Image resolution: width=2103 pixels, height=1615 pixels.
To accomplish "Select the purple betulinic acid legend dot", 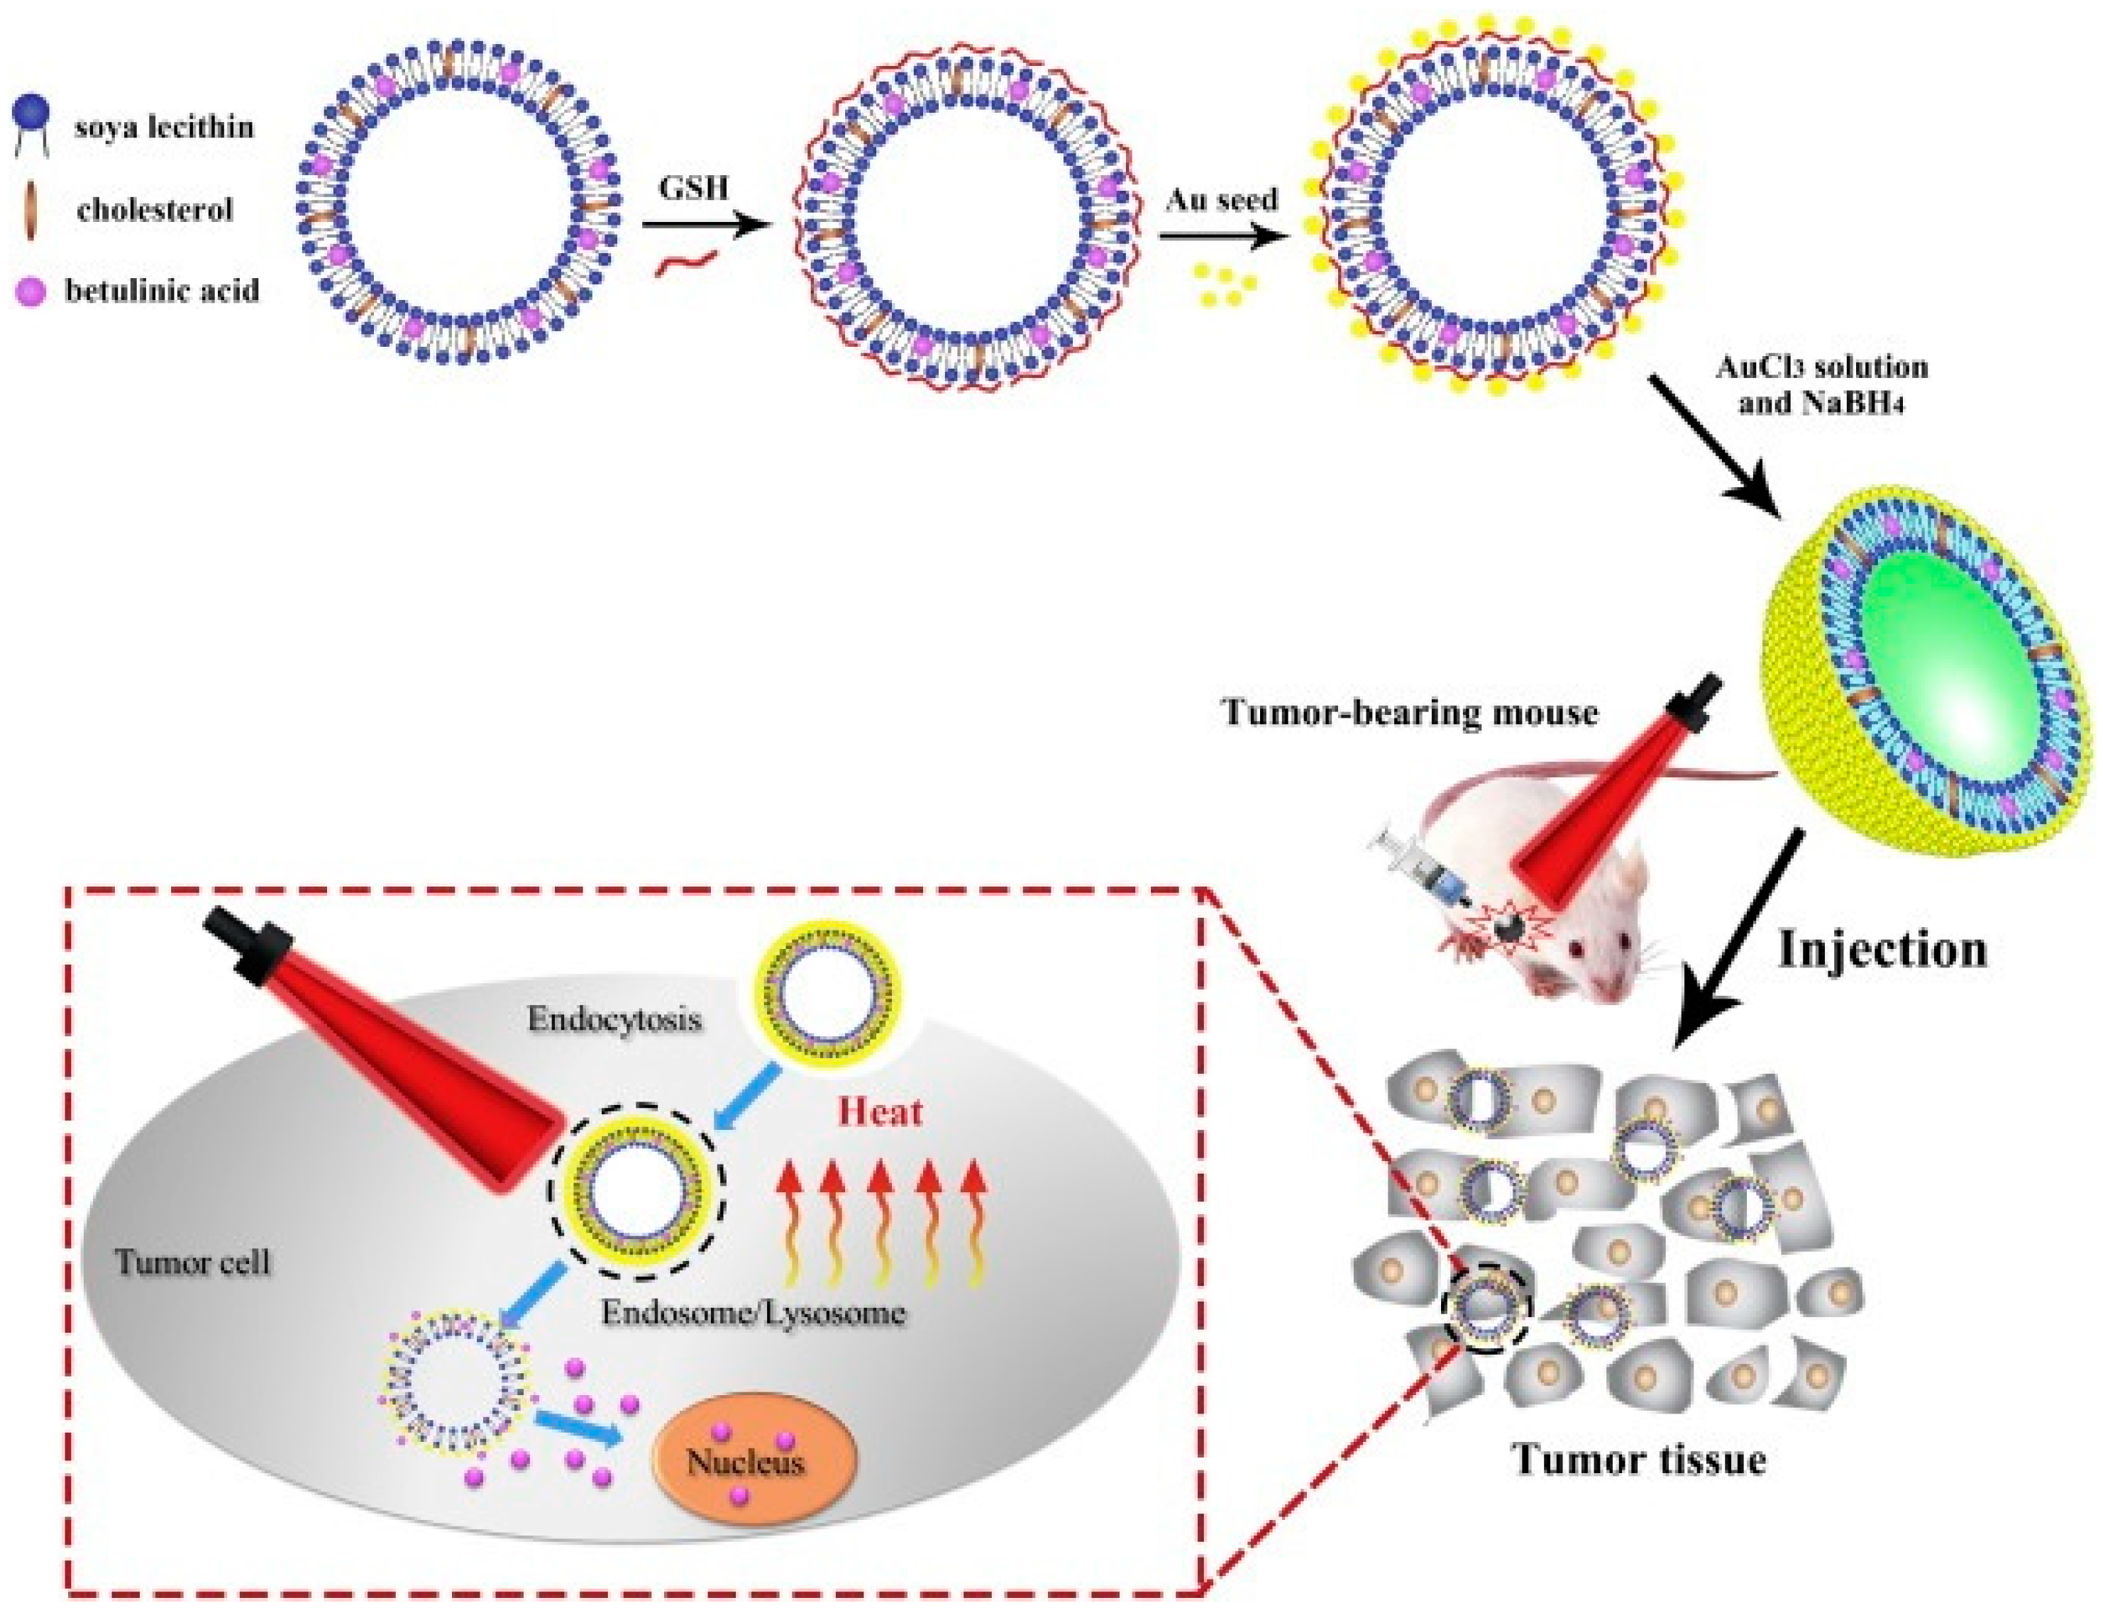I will tap(31, 289).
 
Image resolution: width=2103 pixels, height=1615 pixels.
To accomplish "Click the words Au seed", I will tap(1221, 200).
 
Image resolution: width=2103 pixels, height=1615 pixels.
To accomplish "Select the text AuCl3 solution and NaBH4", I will tap(1821, 384).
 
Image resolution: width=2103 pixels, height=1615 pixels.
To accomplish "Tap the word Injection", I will tap(1882, 949).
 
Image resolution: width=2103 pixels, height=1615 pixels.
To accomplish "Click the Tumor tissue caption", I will tap(1640, 1458).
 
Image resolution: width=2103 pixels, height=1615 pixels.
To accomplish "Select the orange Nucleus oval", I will tap(754, 1462).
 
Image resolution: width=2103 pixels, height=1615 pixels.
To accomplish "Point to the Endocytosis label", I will tap(614, 1019).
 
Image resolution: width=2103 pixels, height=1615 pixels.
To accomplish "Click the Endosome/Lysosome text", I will tap(753, 1312).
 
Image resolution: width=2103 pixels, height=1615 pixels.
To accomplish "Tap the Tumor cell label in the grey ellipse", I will tap(192, 1261).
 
